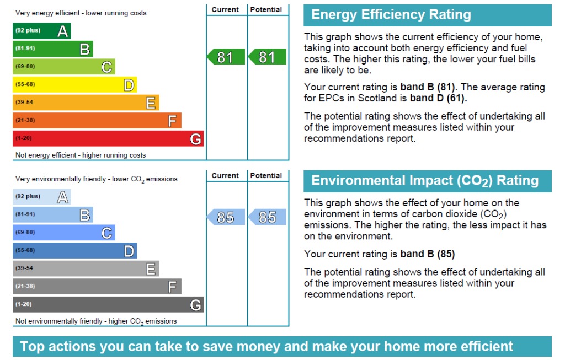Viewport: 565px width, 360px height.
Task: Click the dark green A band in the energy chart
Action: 41,31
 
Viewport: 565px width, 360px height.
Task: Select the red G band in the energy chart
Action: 108,138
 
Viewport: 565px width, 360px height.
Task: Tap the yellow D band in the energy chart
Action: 74,85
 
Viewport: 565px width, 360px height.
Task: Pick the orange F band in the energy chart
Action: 97,121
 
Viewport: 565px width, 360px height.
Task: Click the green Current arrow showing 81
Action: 226,57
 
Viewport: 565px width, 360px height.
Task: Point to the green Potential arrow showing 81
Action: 267,57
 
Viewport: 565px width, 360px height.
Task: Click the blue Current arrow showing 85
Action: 226,217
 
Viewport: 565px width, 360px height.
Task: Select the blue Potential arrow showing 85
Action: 267,217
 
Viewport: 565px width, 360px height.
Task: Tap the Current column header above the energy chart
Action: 225,10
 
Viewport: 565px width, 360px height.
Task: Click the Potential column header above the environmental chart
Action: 266,175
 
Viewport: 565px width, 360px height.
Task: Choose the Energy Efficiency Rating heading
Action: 391,15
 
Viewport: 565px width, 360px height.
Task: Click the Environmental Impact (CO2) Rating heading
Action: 425,181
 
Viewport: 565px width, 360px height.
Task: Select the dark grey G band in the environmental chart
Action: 108,304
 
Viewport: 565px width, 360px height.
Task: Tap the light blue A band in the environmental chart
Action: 41,197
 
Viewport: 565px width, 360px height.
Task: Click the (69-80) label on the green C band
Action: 25,67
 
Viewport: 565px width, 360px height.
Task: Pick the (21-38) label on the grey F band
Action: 25,286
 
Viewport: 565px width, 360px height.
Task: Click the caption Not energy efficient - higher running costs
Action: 81,155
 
